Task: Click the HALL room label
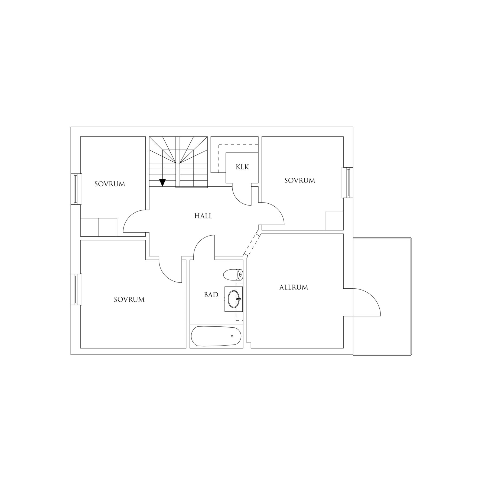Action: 203,216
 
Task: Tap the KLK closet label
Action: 242,167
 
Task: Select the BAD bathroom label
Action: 211,295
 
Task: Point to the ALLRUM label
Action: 294,287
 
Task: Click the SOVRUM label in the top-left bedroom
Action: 110,184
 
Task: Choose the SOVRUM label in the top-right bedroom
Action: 299,181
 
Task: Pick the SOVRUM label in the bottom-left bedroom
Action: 129,299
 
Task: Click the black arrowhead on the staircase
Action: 162,183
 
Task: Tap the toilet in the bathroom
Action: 233,275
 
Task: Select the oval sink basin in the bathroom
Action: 234,299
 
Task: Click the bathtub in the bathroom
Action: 216,336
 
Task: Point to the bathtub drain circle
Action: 232,336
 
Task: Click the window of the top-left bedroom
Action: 76,189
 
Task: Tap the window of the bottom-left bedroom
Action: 76,289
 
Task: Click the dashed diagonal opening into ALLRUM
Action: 252,245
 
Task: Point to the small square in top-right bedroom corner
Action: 334,221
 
